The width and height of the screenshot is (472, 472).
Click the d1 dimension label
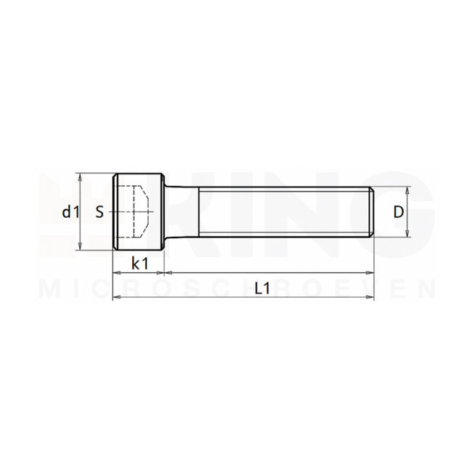pos(68,212)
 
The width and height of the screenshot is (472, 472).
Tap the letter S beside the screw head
pos(99,212)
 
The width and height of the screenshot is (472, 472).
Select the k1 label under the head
pos(139,263)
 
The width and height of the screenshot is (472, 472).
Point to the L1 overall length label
pos(262,288)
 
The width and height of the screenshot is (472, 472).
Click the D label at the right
pos(398,212)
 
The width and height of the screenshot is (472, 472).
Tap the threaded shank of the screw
pos(283,212)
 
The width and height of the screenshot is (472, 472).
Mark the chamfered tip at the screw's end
pos(371,212)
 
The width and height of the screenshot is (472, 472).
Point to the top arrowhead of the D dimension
pos(408,190)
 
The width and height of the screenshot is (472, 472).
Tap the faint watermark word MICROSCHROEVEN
pos(236,289)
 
